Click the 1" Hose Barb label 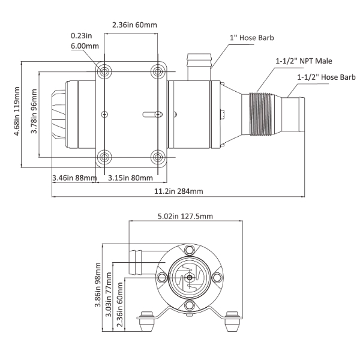[253, 39]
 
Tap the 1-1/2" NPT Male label [304, 61]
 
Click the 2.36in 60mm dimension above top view [134, 25]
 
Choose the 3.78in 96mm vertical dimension [34, 115]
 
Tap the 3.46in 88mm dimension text [74, 178]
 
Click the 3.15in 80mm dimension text [130, 178]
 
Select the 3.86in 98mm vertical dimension [98, 287]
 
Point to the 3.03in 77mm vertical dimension [109, 295]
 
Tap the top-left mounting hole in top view [105, 71]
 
